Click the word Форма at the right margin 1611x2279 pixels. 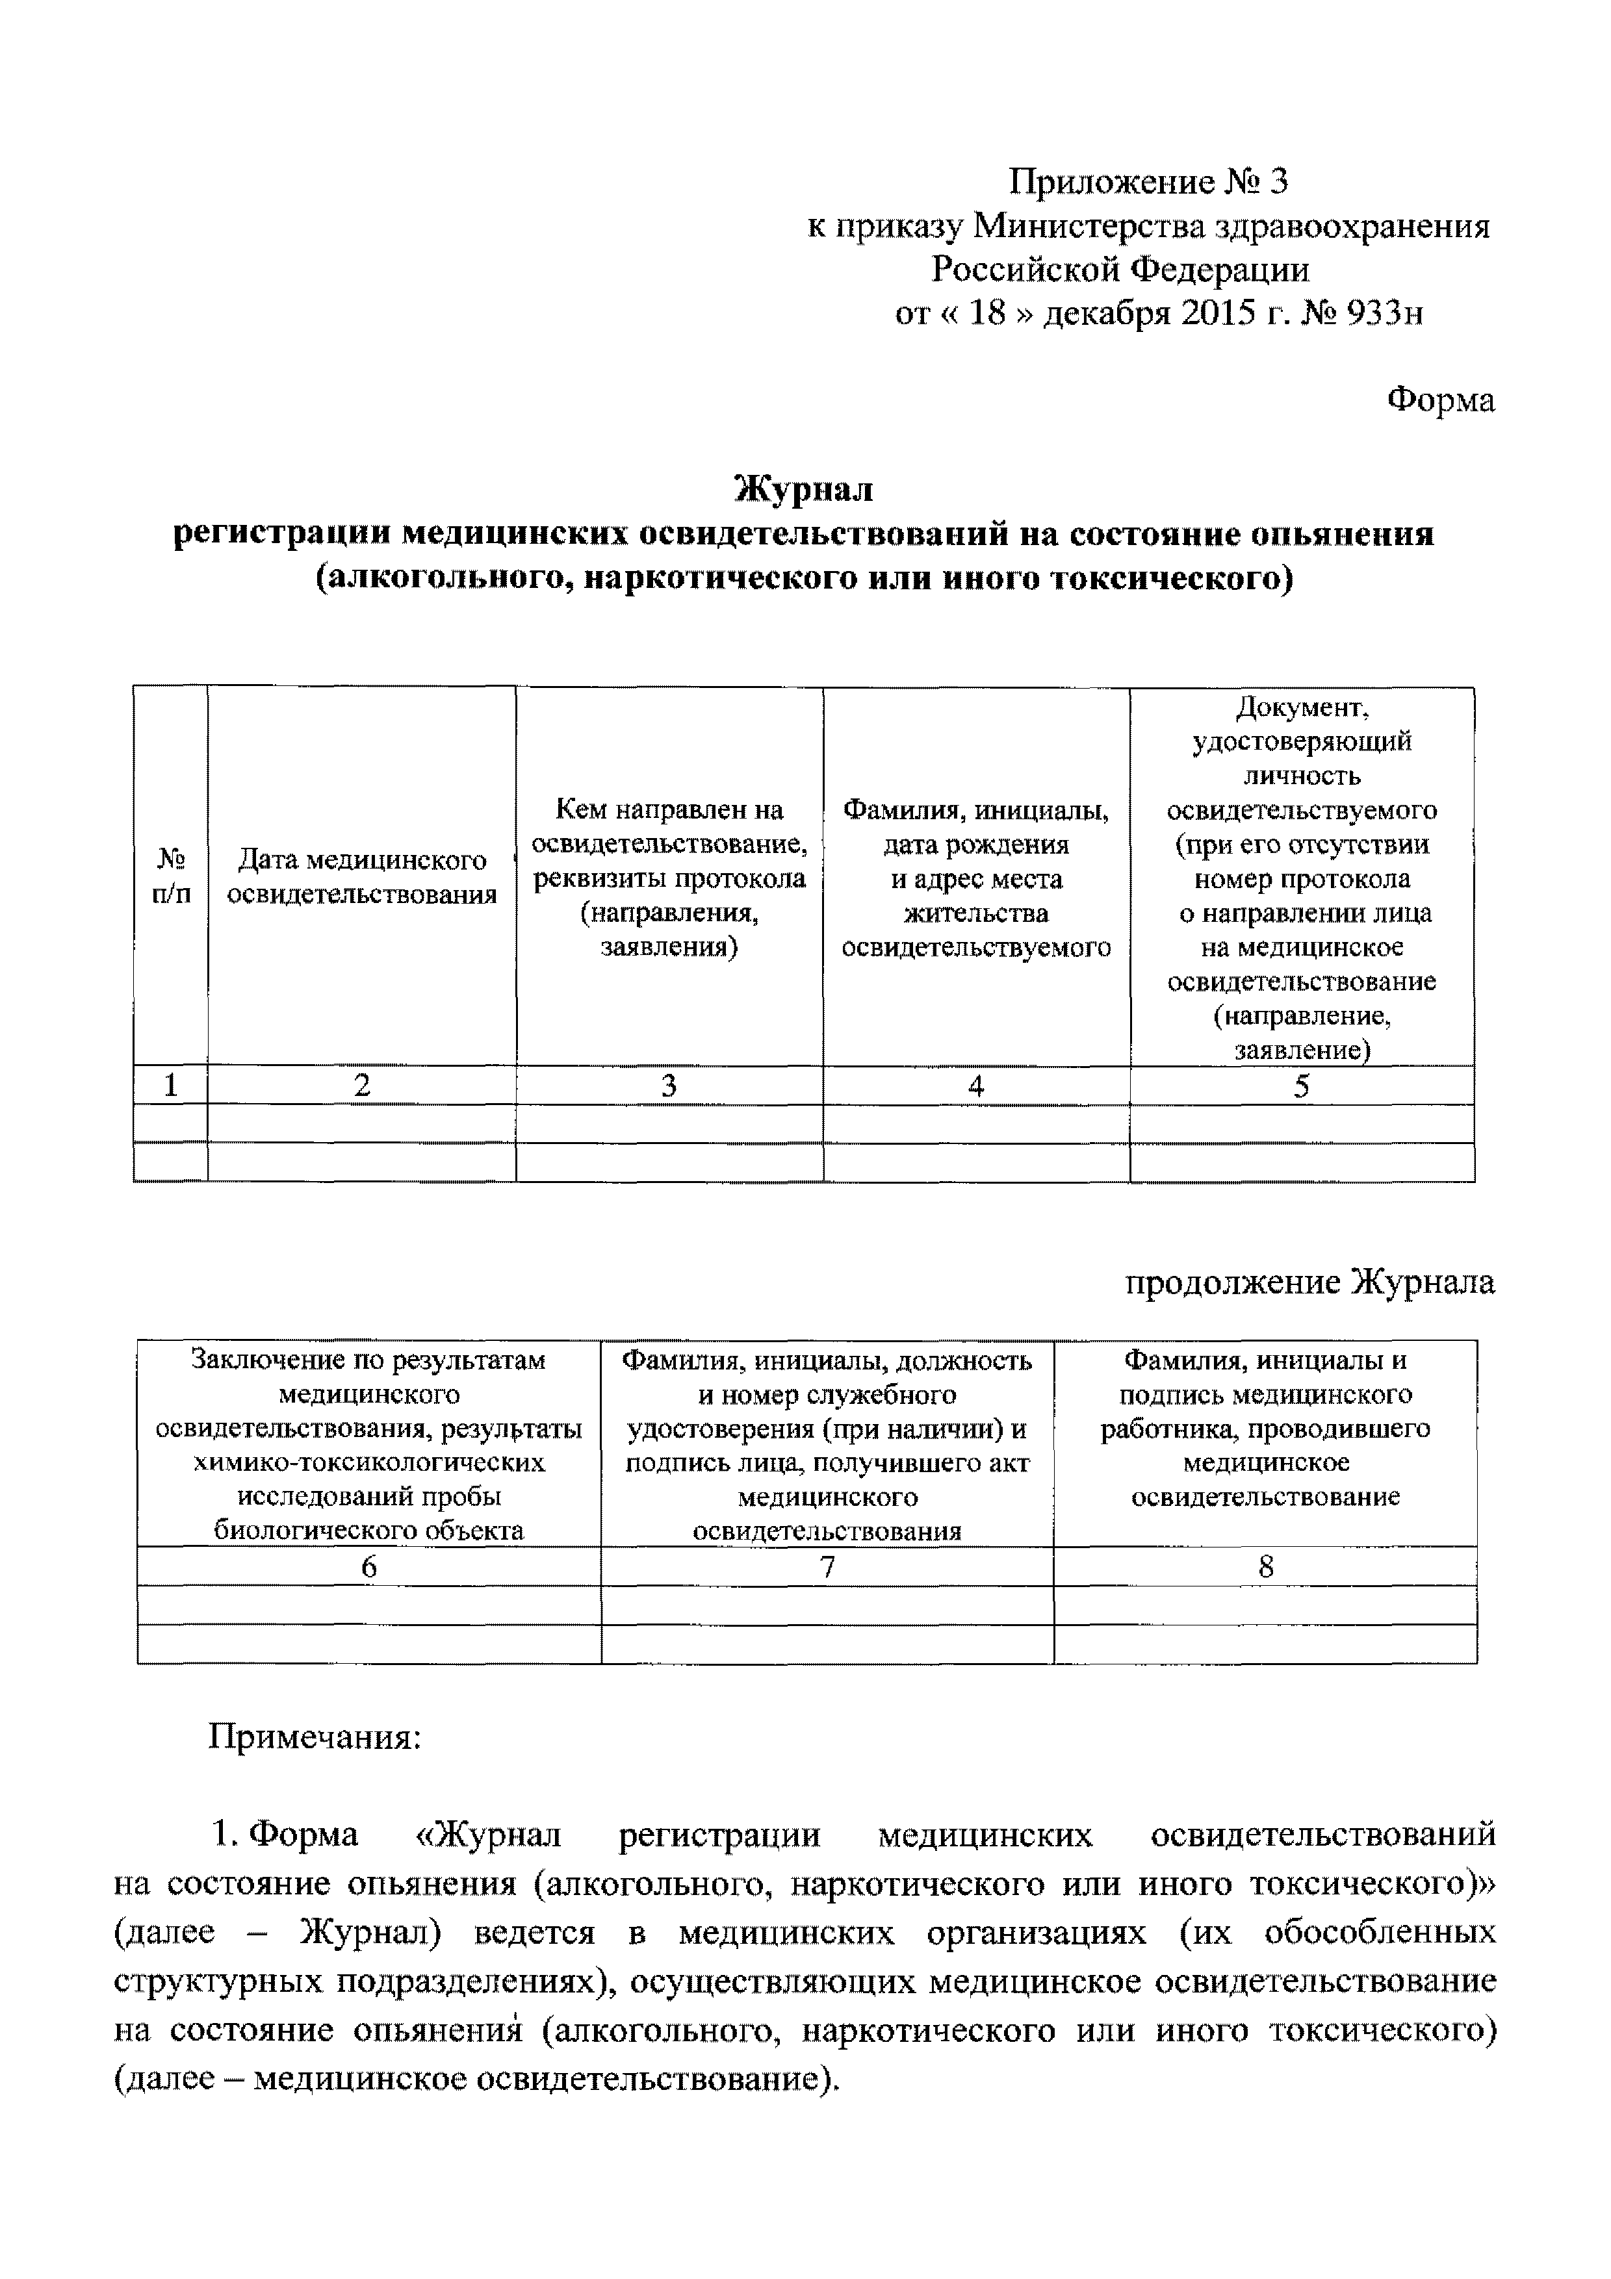click(x=1439, y=400)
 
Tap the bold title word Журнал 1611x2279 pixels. click(x=804, y=489)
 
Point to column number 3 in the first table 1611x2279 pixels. click(x=669, y=1086)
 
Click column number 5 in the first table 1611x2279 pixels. click(x=1301, y=1086)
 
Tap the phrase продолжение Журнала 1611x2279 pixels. click(x=1309, y=1282)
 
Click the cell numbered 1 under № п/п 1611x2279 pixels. click(x=171, y=1086)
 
